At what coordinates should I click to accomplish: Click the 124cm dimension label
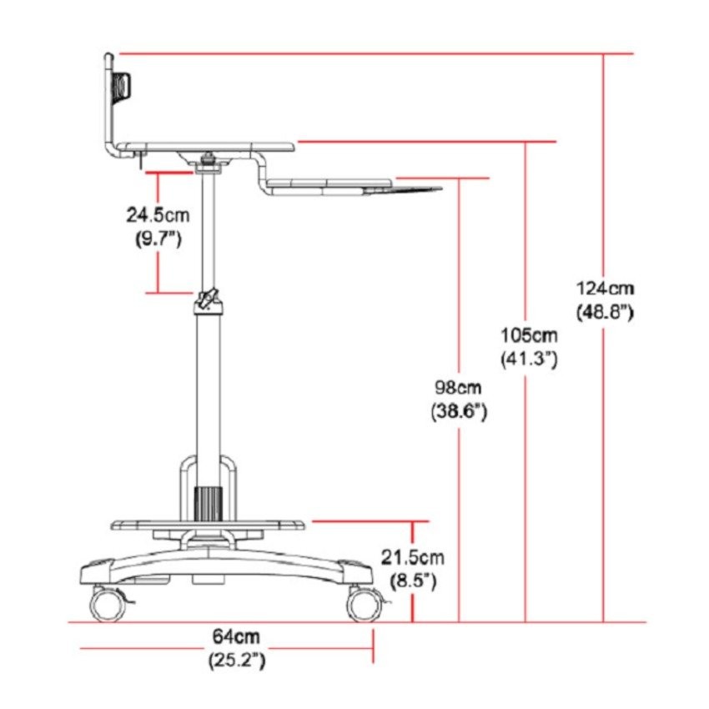pos(605,289)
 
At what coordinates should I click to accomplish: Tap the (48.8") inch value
pos(605,313)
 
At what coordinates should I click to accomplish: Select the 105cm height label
pos(529,336)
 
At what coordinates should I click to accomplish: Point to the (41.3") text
pos(529,360)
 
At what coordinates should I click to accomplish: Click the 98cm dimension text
pos(459,388)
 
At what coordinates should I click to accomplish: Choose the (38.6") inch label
pos(459,411)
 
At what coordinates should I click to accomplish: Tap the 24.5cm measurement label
pos(158,214)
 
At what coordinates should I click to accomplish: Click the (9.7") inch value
pos(158,239)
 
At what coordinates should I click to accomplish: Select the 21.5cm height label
pos(412,557)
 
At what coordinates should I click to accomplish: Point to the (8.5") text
pos(413,581)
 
